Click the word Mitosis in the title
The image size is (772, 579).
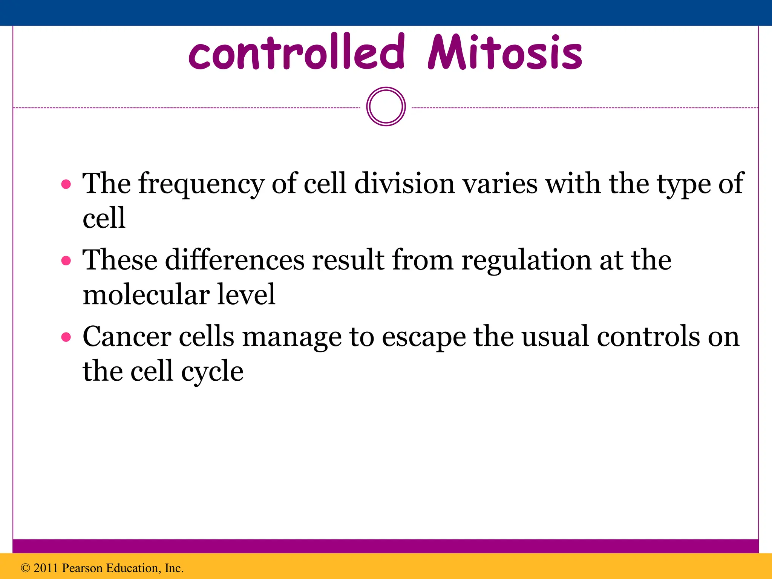(505, 53)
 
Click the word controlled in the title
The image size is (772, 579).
(297, 53)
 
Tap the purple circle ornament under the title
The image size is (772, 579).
(386, 107)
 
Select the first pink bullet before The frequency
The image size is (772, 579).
(66, 184)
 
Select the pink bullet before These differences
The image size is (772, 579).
(66, 260)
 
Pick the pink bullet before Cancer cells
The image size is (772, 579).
(66, 337)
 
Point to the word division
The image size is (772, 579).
(404, 184)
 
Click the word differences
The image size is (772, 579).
(234, 260)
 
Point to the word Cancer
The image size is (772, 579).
(127, 337)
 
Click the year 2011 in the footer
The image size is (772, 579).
(46, 568)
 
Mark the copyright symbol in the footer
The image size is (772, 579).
(25, 568)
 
